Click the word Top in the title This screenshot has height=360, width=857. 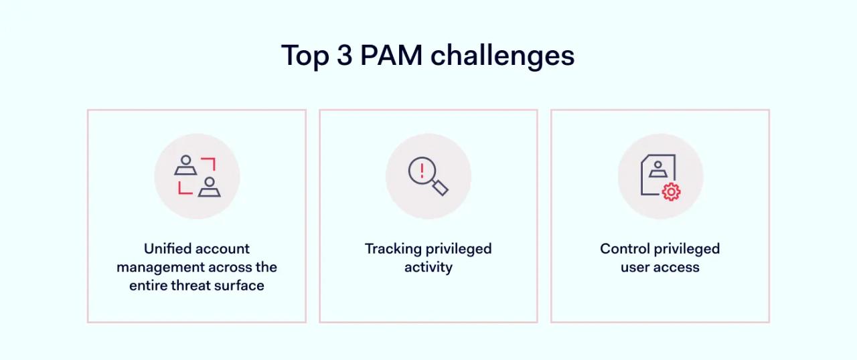(304, 56)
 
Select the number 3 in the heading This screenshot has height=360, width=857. (344, 56)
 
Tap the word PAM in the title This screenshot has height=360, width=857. (391, 56)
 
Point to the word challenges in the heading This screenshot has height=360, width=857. (502, 56)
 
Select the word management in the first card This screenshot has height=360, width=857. (158, 267)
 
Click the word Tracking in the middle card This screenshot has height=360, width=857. (393, 249)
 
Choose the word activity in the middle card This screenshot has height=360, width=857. (428, 268)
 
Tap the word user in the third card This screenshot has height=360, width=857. (635, 268)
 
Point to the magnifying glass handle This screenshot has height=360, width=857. (440, 188)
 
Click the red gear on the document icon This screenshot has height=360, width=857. (671, 192)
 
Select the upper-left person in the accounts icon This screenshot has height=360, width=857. (185, 165)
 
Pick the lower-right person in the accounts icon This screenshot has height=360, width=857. (210, 187)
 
